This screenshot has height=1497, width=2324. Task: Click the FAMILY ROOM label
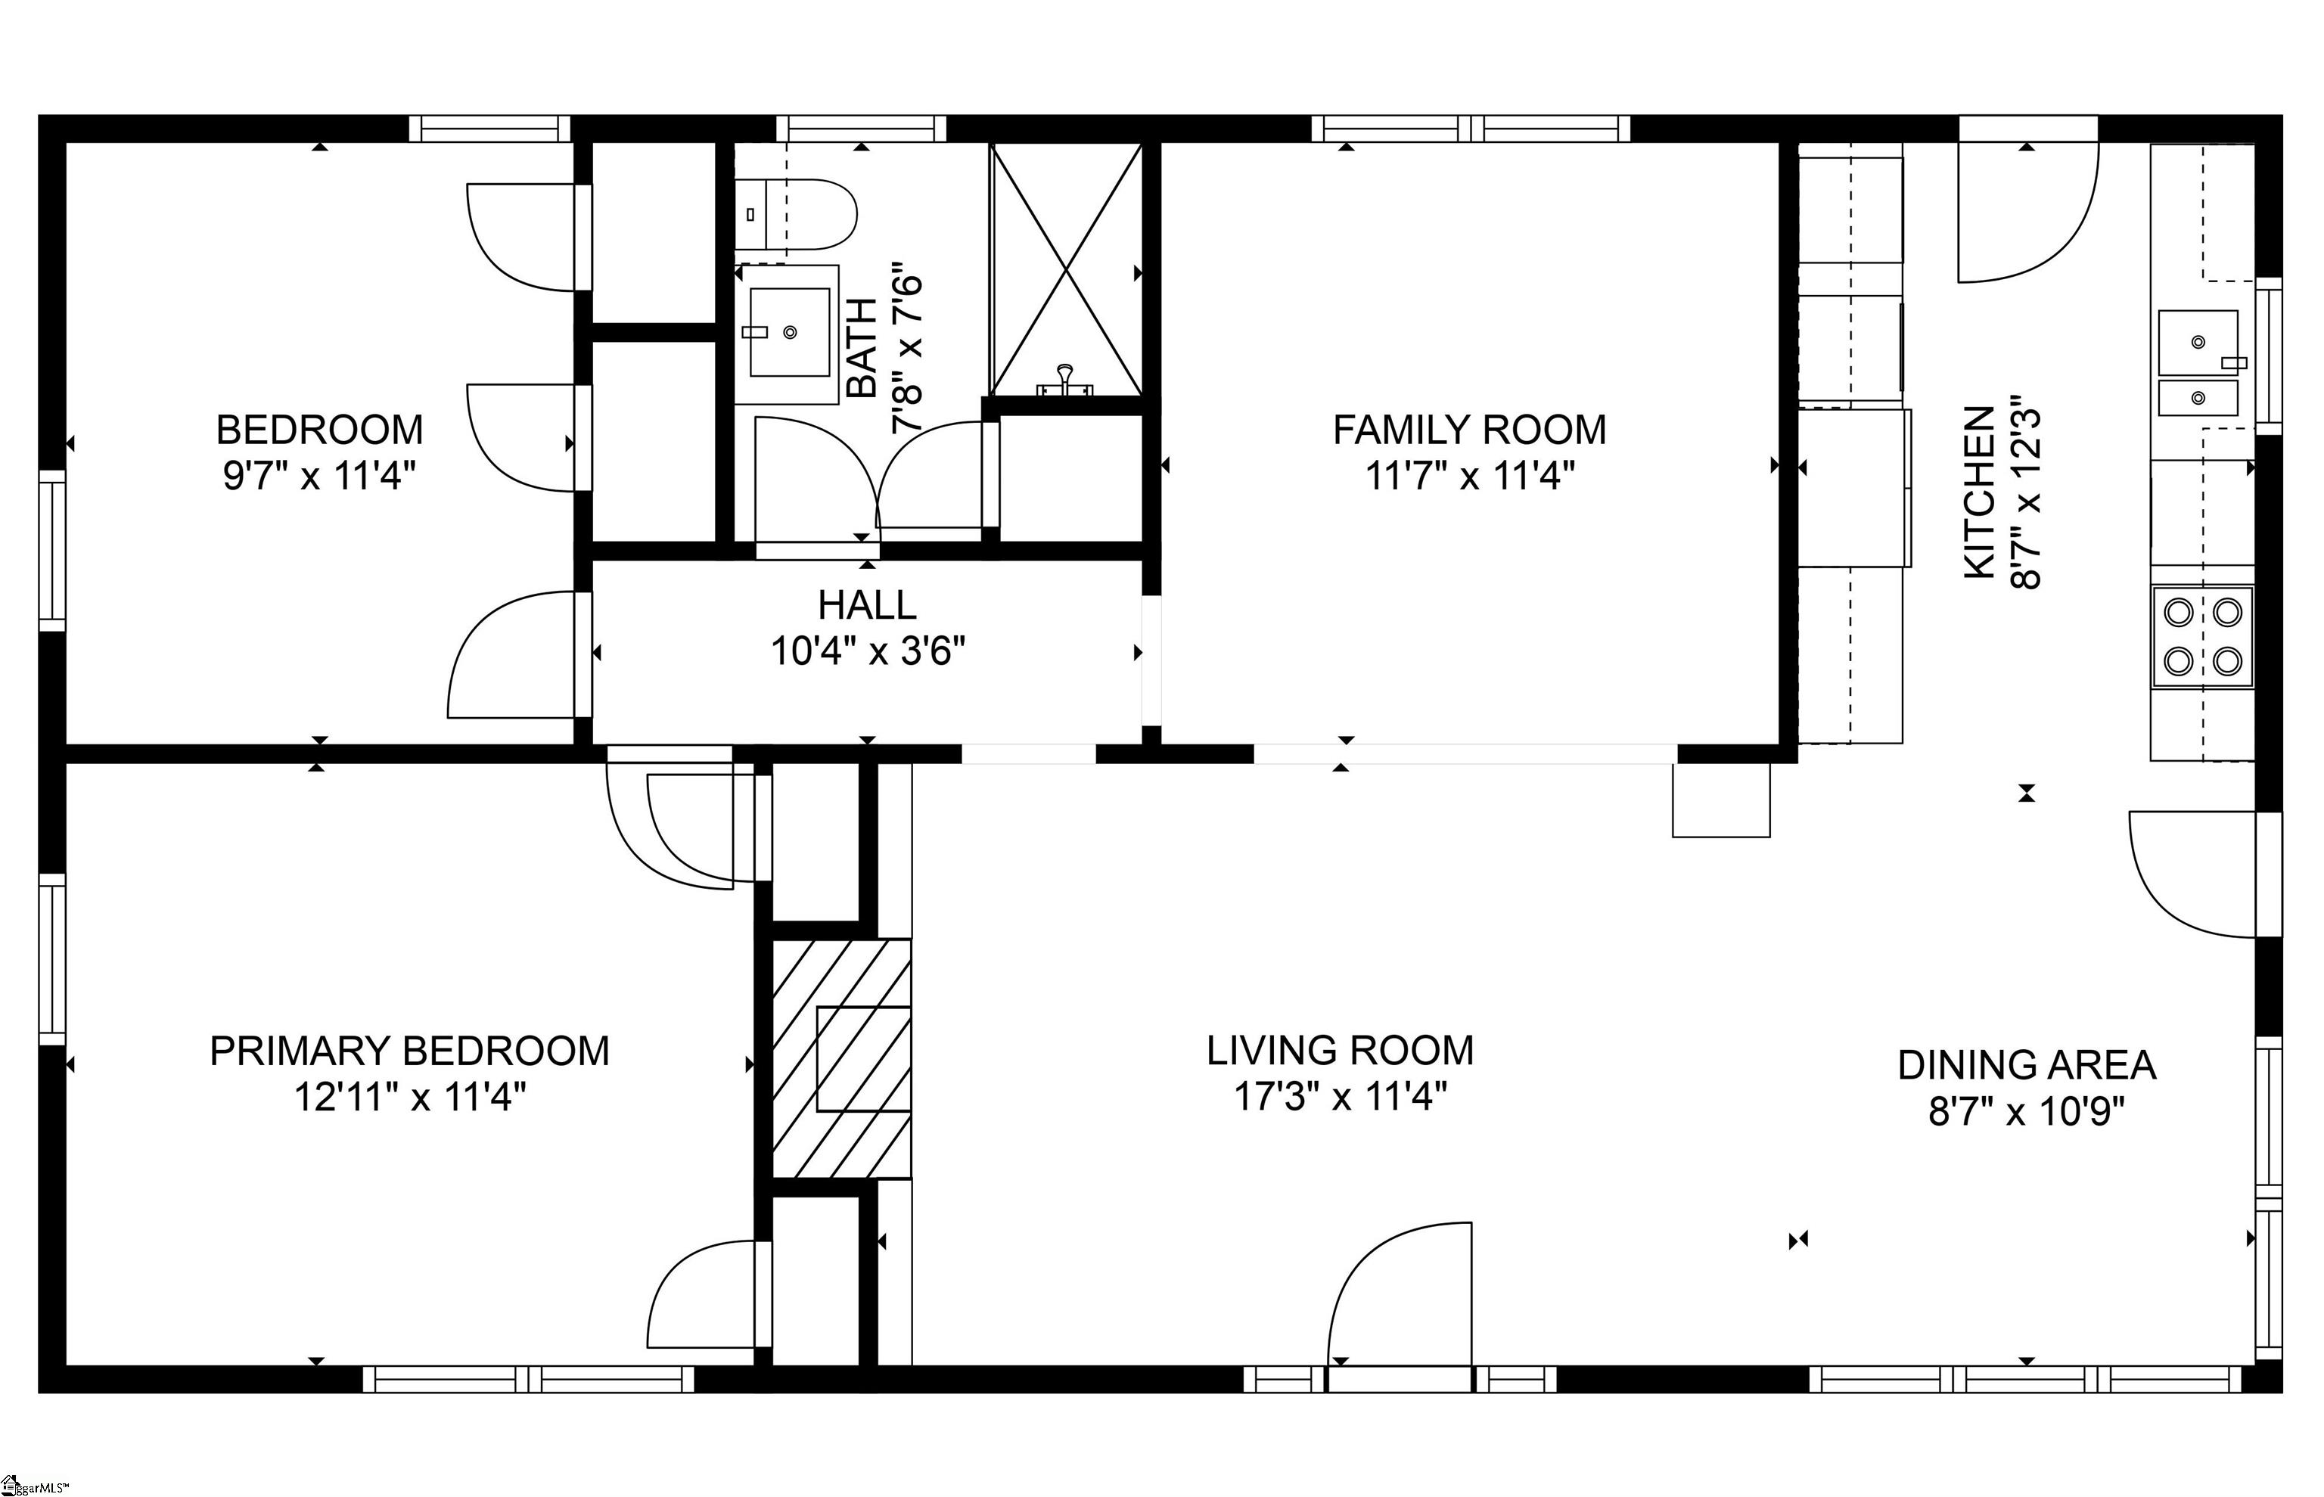[1468, 430]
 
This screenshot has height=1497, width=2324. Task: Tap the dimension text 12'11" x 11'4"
[409, 1098]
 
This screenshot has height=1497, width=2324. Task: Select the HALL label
[867, 606]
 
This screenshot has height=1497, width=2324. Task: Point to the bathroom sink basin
[788, 332]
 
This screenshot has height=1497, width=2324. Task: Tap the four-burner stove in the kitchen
[2202, 638]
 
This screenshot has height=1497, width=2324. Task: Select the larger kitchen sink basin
[2198, 342]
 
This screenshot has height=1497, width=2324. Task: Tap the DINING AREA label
[2027, 1065]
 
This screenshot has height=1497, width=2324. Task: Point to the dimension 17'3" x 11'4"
[1341, 1098]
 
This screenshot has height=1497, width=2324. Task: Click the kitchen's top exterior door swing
[2026, 214]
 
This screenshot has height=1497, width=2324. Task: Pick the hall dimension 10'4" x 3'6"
[867, 651]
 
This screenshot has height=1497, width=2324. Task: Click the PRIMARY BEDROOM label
[409, 1051]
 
